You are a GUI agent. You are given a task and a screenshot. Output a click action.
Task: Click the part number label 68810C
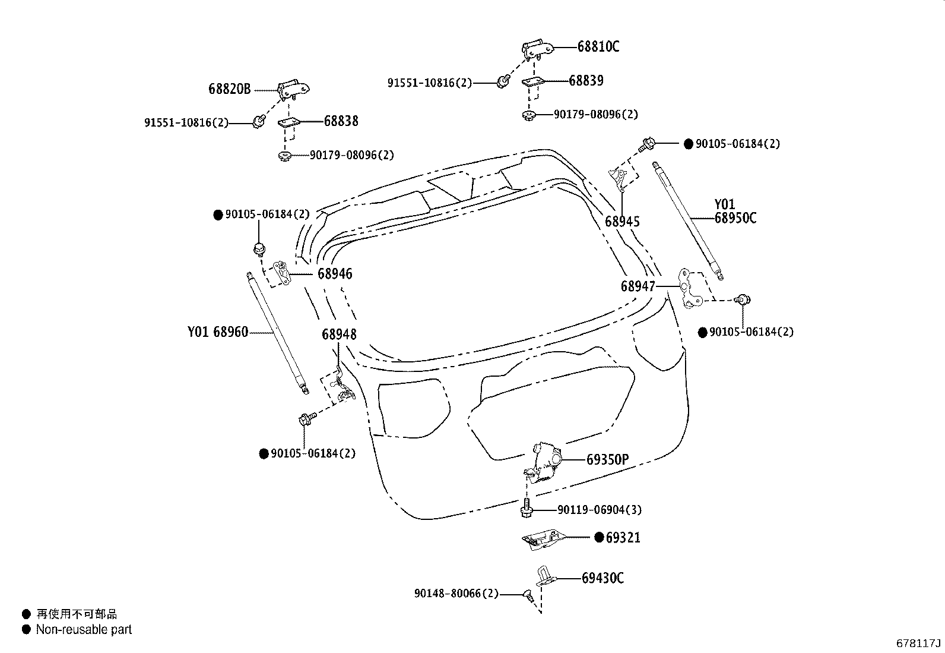click(x=598, y=47)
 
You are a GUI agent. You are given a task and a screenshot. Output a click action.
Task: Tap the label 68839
click(x=586, y=81)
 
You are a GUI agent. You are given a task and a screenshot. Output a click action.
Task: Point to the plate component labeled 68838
click(x=289, y=122)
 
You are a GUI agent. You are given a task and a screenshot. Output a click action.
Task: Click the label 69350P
click(x=607, y=460)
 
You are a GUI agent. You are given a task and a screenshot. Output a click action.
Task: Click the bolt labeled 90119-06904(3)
click(x=526, y=509)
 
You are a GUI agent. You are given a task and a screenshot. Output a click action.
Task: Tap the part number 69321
click(x=623, y=538)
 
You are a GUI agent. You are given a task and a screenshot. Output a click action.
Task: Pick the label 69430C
click(x=602, y=578)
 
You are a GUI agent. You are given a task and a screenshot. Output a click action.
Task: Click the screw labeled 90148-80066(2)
click(x=527, y=594)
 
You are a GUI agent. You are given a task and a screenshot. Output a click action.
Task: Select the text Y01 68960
click(x=218, y=333)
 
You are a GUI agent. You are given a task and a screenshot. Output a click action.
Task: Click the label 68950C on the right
click(x=735, y=218)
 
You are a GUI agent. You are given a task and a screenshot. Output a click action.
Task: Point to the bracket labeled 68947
click(x=690, y=289)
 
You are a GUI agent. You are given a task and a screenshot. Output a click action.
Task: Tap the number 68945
click(x=622, y=222)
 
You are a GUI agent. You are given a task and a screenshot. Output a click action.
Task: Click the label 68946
click(x=334, y=274)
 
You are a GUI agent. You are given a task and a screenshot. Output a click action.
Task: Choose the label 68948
click(x=339, y=335)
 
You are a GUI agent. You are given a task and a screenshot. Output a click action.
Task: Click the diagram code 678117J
click(x=918, y=643)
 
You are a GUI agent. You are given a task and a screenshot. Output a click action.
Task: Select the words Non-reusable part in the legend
click(x=84, y=630)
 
